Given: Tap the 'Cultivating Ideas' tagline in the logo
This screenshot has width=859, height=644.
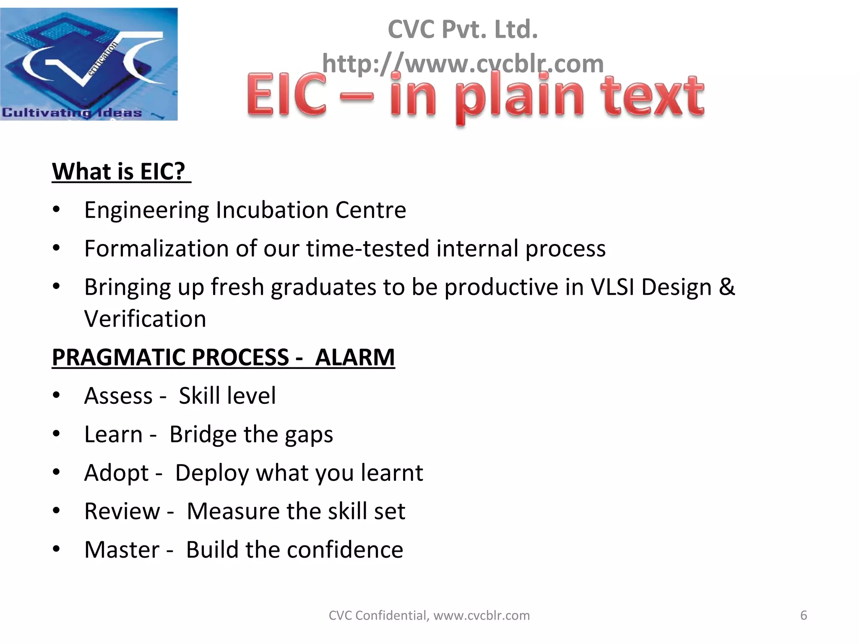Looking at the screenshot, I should tap(72, 112).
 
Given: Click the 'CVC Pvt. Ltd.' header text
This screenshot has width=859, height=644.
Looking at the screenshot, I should tap(463, 29).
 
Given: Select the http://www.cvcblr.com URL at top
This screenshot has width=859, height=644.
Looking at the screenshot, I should tap(463, 64).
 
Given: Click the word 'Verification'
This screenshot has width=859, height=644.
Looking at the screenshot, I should tap(145, 319).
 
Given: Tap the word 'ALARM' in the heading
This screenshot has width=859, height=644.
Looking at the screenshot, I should tap(355, 358).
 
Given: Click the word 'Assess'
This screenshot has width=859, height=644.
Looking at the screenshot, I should tap(118, 396).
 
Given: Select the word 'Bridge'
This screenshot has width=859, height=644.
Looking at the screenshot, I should tap(203, 435).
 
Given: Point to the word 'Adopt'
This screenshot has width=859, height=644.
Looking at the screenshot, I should tap(116, 473).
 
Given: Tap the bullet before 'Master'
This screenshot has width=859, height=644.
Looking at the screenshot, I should tap(57, 549).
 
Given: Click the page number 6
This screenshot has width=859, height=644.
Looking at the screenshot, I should tap(804, 615).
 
